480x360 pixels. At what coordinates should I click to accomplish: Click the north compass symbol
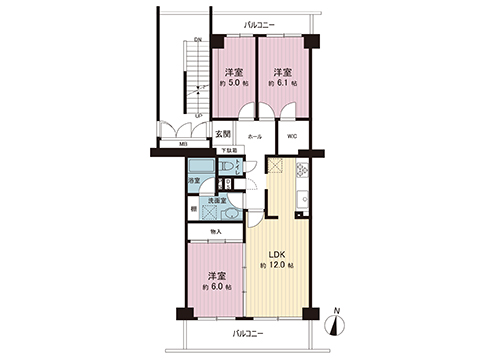click(338, 322)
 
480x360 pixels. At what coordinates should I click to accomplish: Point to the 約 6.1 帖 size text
click(283, 85)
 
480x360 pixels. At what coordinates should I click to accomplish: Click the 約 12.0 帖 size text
click(276, 266)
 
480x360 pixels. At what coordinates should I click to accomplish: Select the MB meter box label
click(183, 144)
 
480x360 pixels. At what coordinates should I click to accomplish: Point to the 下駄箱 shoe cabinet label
click(229, 151)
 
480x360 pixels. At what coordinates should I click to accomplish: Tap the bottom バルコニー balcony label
click(247, 332)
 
